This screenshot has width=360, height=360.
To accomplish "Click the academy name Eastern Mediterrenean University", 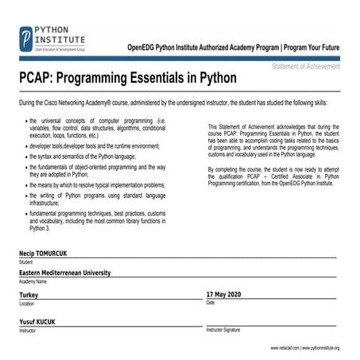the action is click(x=64, y=273).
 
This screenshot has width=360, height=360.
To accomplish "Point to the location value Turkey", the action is click(x=29, y=294).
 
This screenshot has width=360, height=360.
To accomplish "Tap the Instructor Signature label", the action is click(x=223, y=329).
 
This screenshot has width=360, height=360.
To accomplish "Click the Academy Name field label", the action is click(x=33, y=281).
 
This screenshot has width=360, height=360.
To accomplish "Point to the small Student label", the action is click(x=26, y=261).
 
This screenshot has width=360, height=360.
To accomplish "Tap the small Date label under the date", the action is click(x=211, y=303).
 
